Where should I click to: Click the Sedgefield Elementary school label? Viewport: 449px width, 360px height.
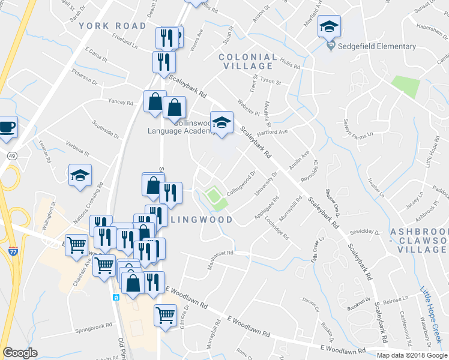tap(376, 46)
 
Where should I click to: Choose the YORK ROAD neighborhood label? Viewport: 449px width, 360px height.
tap(112, 26)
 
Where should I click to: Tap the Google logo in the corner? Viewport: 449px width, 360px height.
tap(20, 352)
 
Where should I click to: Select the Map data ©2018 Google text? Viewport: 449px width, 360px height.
tap(412, 355)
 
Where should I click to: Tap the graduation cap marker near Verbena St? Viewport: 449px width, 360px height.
tap(80, 176)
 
